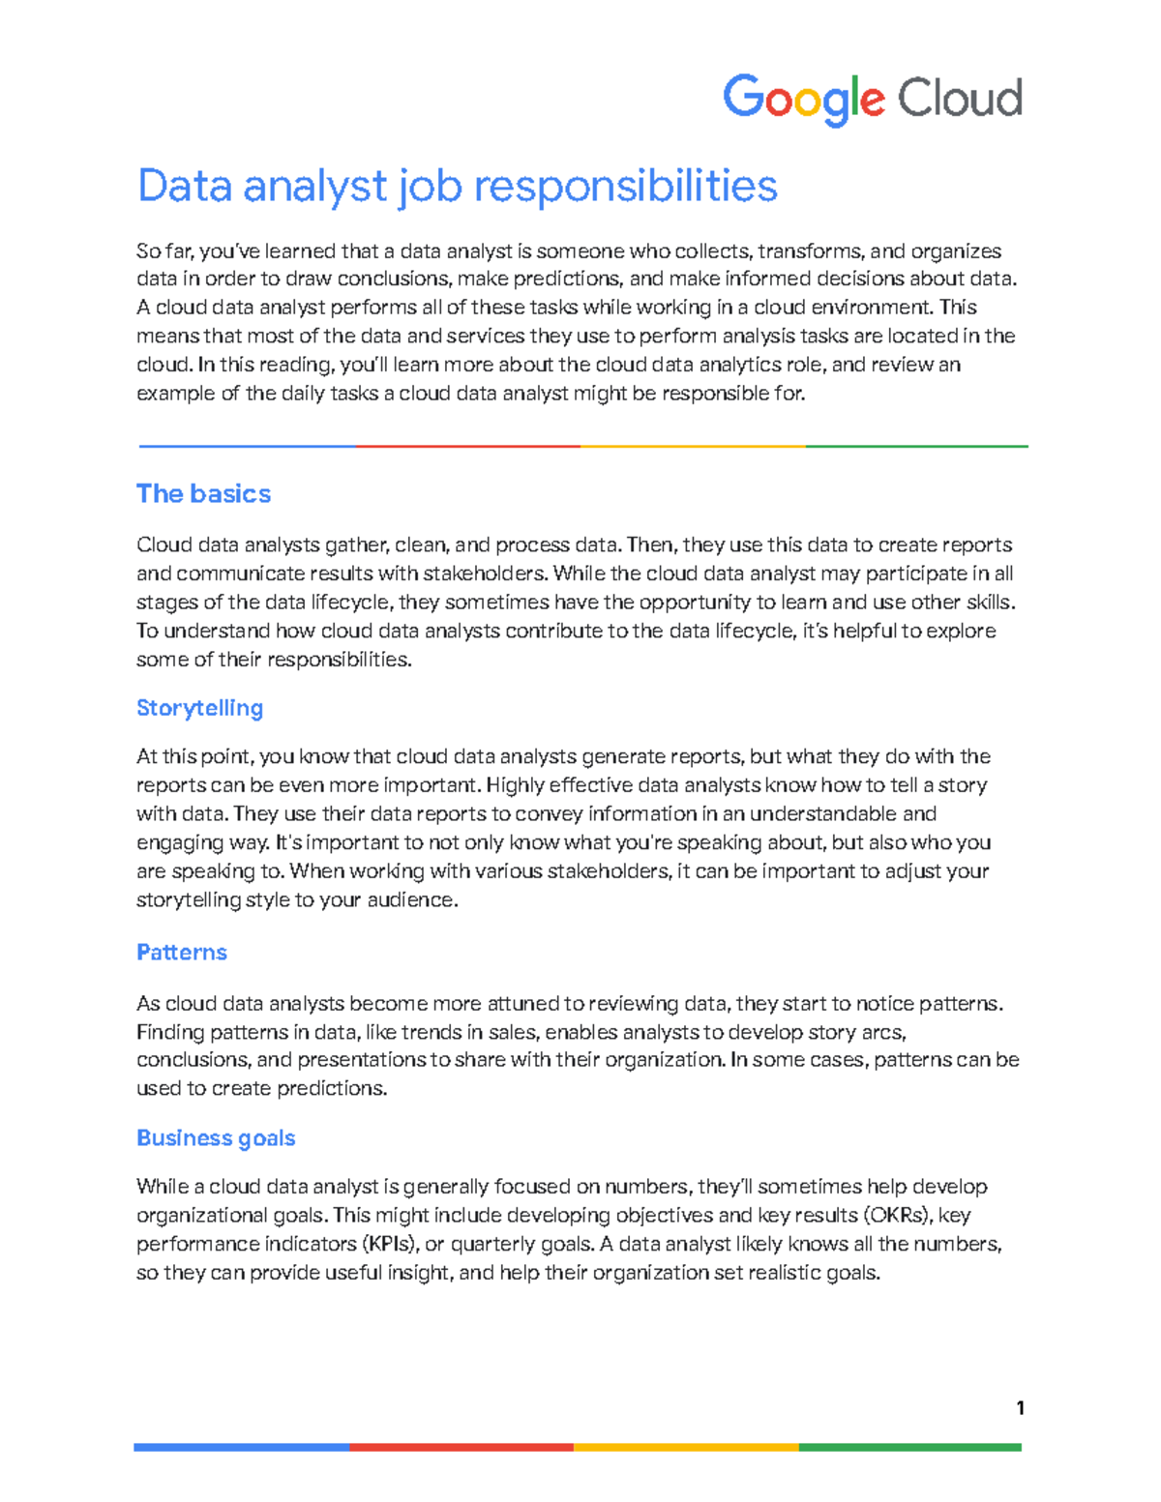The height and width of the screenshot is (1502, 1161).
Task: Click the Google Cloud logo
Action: click(x=872, y=99)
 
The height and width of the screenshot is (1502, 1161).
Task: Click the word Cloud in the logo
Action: click(x=959, y=99)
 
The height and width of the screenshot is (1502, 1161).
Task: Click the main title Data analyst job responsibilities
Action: click(x=457, y=186)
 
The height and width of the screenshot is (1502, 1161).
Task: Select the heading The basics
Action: click(x=203, y=494)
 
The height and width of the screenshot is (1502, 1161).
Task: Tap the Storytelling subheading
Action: click(x=199, y=708)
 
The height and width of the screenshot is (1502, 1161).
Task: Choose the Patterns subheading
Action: click(x=181, y=953)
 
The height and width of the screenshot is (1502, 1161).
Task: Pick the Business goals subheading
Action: click(x=215, y=1138)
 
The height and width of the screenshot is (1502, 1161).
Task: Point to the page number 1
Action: click(x=1020, y=1408)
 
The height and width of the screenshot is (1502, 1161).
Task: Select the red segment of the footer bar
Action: click(x=461, y=1448)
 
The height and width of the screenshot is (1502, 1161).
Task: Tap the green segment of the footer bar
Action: click(x=909, y=1448)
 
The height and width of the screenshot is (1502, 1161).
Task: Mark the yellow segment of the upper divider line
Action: click(x=693, y=447)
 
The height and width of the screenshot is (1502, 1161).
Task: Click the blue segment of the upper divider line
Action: click(x=247, y=447)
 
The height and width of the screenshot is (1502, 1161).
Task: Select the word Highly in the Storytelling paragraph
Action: click(x=515, y=785)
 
